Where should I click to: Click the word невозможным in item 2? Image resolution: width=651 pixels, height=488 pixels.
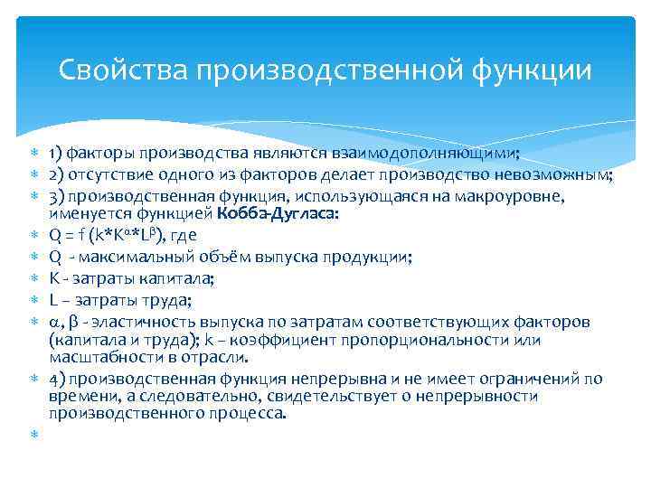[x=555, y=175]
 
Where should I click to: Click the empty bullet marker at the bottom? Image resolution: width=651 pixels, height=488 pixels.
[x=34, y=436]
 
